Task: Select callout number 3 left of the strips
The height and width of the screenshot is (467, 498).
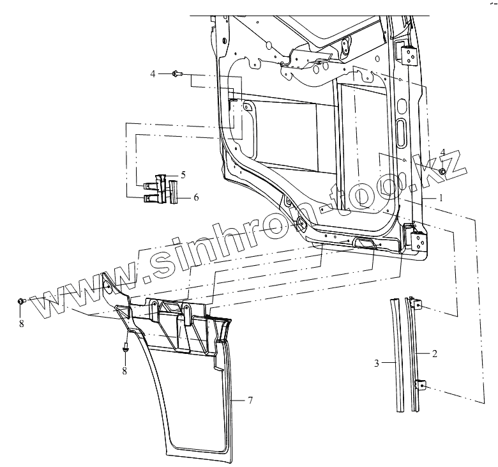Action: point(377,363)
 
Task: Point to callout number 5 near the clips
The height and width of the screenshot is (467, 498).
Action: point(183,174)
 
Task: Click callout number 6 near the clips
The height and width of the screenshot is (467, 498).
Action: point(196,198)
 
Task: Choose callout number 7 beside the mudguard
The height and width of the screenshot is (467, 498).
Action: point(251,400)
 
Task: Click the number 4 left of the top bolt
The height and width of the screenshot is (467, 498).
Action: point(153,74)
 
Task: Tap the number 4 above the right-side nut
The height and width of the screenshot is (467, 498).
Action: point(443,151)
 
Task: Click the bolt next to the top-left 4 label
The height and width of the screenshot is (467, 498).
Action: point(177,74)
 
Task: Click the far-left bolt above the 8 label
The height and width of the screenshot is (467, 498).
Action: point(21,301)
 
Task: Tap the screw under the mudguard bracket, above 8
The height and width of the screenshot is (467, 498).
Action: point(125,349)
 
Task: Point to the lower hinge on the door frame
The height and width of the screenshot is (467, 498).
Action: point(416,238)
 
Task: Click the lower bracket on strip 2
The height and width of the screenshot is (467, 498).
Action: point(421,385)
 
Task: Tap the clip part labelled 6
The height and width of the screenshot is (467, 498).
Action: point(173,191)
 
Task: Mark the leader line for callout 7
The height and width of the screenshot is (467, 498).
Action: point(238,400)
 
